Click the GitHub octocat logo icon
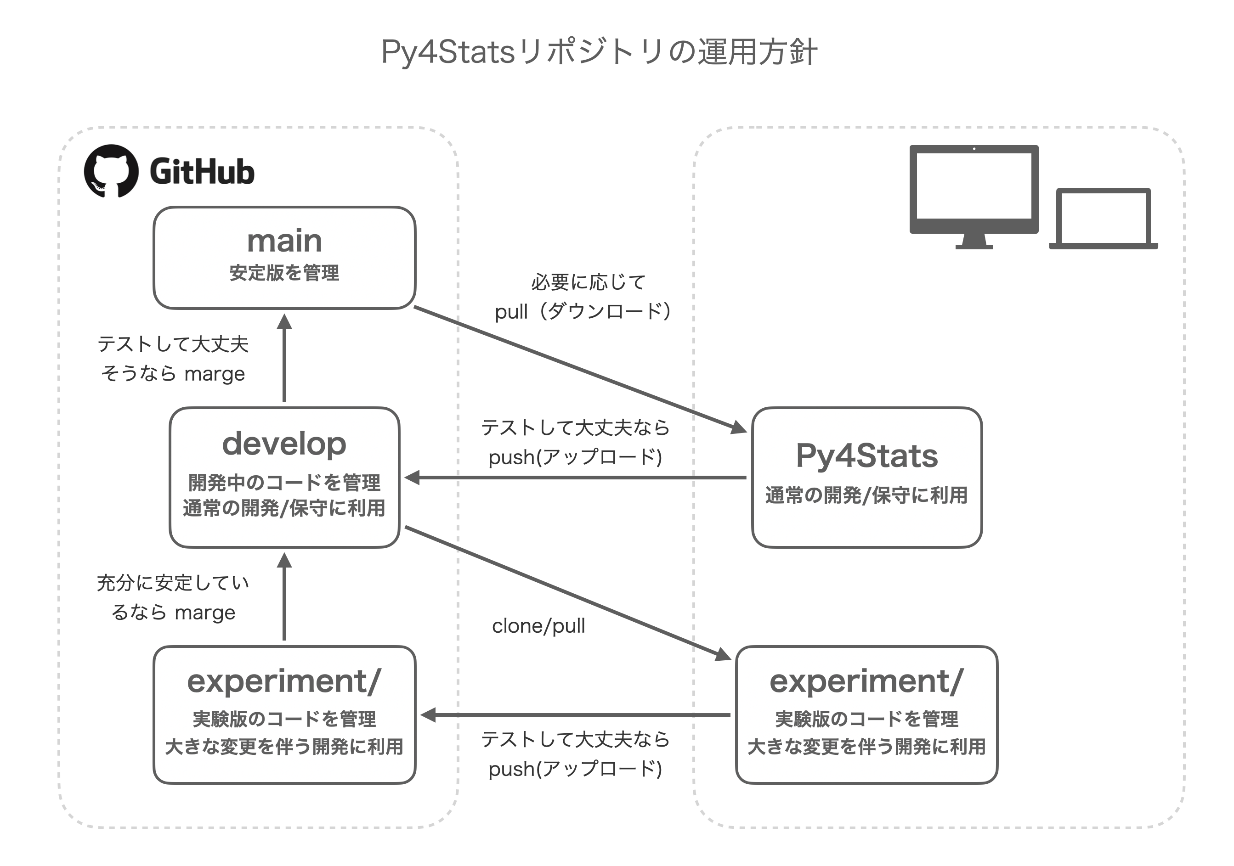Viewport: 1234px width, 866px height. click(111, 171)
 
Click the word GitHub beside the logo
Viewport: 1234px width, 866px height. click(202, 172)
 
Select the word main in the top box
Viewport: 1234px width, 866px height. click(284, 241)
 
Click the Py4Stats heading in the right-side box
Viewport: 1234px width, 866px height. click(867, 456)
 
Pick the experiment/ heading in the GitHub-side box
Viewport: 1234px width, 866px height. click(284, 682)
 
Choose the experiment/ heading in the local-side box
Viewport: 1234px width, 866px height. click(867, 682)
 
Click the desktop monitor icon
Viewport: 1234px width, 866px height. click(974, 197)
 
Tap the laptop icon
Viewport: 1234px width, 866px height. click(1104, 219)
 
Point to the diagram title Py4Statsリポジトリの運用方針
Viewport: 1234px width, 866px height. click(599, 52)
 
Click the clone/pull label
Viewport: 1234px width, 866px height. click(538, 626)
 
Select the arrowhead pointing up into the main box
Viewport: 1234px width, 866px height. click(284, 321)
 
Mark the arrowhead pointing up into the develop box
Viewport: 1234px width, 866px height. click(284, 560)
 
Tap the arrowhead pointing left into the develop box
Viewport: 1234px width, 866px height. click(412, 477)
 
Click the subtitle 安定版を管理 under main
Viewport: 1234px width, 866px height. click(284, 273)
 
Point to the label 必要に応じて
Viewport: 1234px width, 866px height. click(589, 282)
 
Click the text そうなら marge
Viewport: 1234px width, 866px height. click(173, 373)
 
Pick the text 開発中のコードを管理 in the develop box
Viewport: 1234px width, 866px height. click(284, 483)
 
